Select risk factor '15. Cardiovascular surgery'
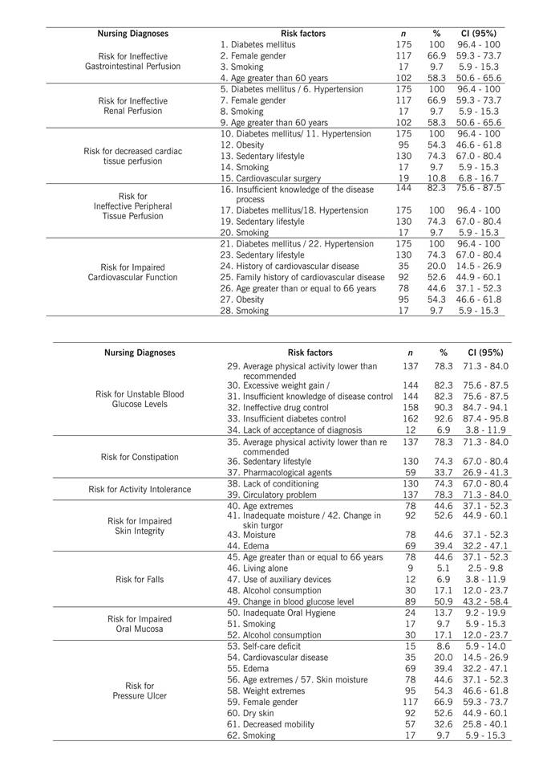[270, 178]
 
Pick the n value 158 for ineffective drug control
[410, 407]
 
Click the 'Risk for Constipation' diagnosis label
[140, 457]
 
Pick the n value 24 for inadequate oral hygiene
[410, 612]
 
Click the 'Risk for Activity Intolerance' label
[140, 489]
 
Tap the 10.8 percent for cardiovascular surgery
[437, 178]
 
